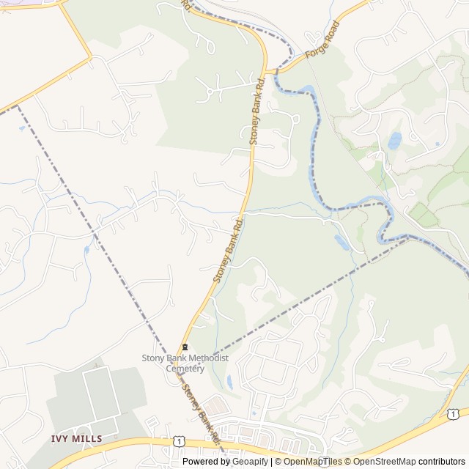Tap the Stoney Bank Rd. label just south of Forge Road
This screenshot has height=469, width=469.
click(x=257, y=110)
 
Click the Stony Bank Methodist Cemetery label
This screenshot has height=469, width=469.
click(x=185, y=363)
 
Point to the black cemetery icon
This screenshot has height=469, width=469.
click(x=185, y=347)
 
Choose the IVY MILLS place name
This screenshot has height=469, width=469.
click(x=76, y=438)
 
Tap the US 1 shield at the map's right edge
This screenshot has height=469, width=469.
click(x=453, y=415)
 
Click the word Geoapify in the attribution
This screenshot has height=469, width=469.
click(x=249, y=462)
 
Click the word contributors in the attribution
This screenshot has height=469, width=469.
click(x=443, y=462)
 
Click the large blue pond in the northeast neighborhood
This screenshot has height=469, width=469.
click(x=395, y=140)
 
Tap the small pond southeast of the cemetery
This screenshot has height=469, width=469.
click(x=229, y=382)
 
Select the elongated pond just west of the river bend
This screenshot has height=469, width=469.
click(x=341, y=242)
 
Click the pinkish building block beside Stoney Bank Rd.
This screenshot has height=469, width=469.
click(x=214, y=404)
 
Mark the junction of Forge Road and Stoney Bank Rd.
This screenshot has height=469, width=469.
click(x=267, y=72)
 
